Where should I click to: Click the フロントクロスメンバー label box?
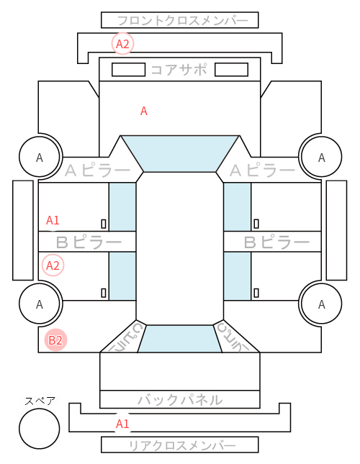coord(180,20)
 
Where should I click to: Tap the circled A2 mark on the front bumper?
coord(122,44)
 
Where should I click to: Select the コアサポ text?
coord(179,70)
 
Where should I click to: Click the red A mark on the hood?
coord(143,111)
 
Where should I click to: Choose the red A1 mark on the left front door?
coord(53,220)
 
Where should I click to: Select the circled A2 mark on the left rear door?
coord(53,265)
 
